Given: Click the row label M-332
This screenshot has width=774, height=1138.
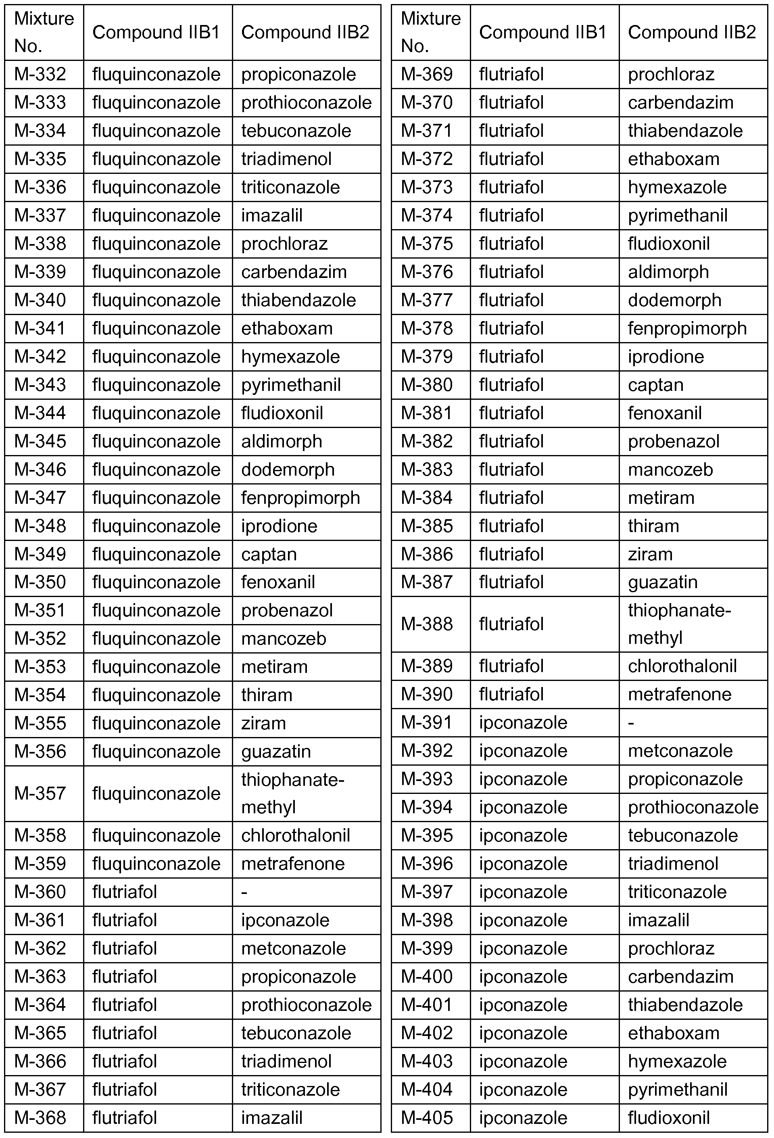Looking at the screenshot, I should click(x=40, y=75).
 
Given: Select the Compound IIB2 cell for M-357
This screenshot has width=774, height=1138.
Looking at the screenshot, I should click(x=293, y=793).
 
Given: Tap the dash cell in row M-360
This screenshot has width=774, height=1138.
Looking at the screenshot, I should click(x=244, y=892).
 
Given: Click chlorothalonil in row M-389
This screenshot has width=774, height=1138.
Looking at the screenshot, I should click(x=682, y=666).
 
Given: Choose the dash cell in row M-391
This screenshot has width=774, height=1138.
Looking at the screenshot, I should click(x=631, y=723).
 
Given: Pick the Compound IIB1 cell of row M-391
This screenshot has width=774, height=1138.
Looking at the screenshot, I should click(x=523, y=723).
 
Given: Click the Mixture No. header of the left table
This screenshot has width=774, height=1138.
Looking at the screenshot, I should click(x=44, y=32).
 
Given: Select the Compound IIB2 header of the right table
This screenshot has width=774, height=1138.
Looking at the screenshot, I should click(x=692, y=32).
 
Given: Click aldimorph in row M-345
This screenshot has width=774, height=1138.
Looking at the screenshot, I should click(x=282, y=441).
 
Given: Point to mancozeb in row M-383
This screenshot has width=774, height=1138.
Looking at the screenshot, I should click(x=670, y=470).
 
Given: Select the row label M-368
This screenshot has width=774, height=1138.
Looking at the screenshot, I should click(x=40, y=1118).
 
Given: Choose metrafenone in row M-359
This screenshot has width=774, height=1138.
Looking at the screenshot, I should click(x=293, y=864).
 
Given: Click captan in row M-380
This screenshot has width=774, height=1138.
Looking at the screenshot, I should click(x=655, y=385).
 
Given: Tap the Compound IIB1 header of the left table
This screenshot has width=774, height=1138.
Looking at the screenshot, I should click(x=156, y=32).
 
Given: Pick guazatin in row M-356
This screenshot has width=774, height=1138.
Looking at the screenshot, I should click(x=275, y=751).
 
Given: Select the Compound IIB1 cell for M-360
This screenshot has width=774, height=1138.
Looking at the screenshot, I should click(x=124, y=892).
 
